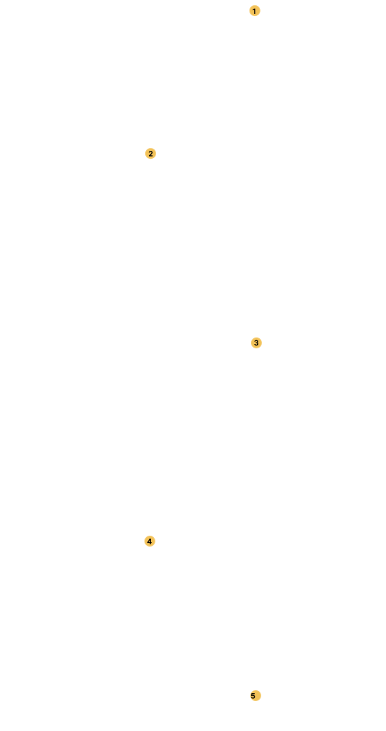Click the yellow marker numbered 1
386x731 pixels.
[x=255, y=11]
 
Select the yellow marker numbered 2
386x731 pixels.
[x=150, y=153]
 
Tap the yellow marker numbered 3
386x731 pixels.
[x=256, y=343]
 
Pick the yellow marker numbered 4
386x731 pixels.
[x=150, y=542]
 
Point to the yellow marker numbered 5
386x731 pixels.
[x=255, y=695]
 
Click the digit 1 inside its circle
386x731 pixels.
[x=255, y=11]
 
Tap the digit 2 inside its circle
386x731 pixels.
[x=150, y=154]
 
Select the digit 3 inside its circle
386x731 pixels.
[x=256, y=343]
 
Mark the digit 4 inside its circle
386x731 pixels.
[x=150, y=542]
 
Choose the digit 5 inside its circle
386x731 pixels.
[x=253, y=696]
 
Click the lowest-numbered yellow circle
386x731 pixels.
[x=255, y=11]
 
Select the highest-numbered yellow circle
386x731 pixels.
[x=255, y=695]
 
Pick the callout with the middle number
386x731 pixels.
[x=256, y=343]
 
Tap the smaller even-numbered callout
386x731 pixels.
[x=150, y=153]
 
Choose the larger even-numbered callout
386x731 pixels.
[x=150, y=542]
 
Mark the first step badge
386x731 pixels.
[x=255, y=11]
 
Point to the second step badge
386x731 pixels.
[x=150, y=153]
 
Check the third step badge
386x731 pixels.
[x=256, y=343]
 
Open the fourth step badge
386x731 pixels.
[x=150, y=542]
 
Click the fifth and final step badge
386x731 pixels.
[x=255, y=695]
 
